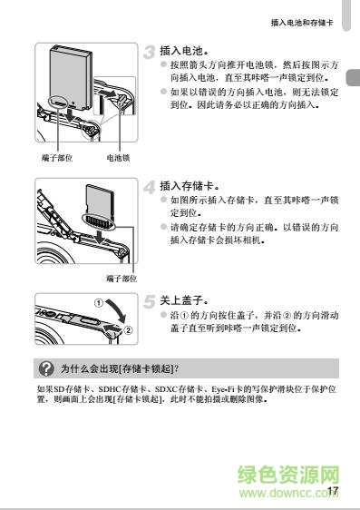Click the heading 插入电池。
click(185, 51)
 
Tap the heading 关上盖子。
click(185, 299)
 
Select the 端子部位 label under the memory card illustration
click(121, 278)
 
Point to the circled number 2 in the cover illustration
click(128, 329)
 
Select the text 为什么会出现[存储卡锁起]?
click(118, 368)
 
